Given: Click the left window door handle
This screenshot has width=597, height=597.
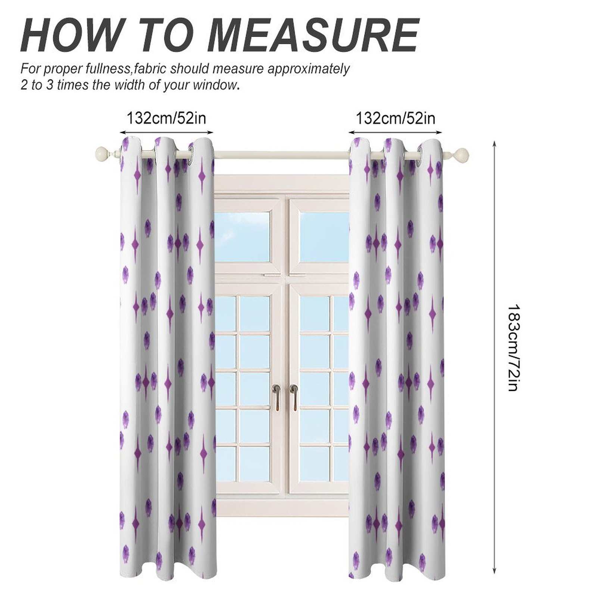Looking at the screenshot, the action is pyautogui.click(x=276, y=396).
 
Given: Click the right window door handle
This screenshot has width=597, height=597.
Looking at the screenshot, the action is pyautogui.click(x=294, y=396).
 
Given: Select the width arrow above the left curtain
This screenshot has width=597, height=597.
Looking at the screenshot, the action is pyautogui.click(x=166, y=132).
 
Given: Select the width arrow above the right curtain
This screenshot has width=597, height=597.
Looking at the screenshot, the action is pyautogui.click(x=396, y=132).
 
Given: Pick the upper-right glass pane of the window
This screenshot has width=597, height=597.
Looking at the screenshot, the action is pyautogui.click(x=324, y=236).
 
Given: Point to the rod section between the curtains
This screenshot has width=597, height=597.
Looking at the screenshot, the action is pyautogui.click(x=281, y=153).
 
